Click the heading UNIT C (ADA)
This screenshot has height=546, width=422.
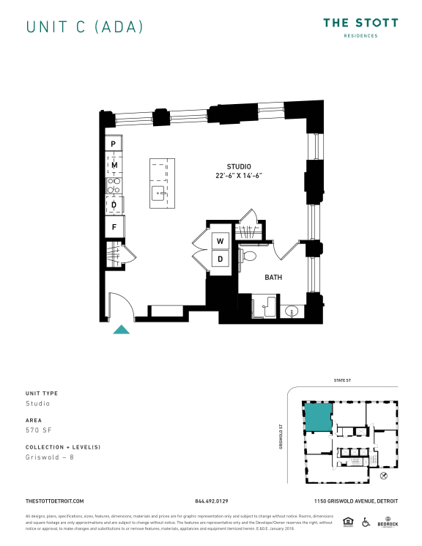tap(84, 27)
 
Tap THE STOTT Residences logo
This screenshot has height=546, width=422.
tap(361, 28)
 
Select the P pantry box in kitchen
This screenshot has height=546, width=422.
tap(114, 144)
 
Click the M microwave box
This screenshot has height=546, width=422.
tap(114, 166)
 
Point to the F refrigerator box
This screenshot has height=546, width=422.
tap(114, 227)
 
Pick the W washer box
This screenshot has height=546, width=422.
tap(220, 241)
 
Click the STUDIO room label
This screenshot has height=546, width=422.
tap(239, 166)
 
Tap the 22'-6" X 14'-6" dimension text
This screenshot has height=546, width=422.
tap(239, 176)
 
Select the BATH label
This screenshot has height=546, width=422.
tap(273, 277)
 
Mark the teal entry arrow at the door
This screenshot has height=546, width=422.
tap(122, 329)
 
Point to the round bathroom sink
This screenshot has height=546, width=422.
tap(292, 311)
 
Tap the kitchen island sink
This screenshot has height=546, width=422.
tap(158, 193)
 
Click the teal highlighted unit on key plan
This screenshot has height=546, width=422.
tap(318, 417)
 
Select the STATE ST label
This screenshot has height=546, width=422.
tap(344, 380)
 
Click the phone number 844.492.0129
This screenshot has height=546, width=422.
tap(211, 501)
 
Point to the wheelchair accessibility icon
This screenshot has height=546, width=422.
tap(369, 523)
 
